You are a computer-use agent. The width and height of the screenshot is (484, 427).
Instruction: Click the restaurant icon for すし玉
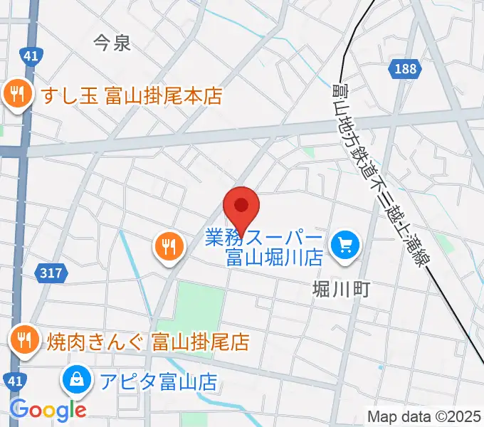[16, 95]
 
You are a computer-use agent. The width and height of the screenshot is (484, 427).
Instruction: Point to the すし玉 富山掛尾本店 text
[132, 95]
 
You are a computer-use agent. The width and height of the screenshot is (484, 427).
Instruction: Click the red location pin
[241, 208]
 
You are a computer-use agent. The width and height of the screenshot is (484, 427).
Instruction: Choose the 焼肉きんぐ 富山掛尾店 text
[148, 342]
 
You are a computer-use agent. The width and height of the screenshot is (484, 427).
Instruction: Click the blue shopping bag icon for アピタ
[75, 381]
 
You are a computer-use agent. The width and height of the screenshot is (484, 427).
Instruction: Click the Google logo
[48, 410]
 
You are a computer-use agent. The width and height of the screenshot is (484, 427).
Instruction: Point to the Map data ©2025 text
[424, 416]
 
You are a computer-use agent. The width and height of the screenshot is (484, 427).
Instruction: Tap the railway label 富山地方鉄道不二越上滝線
[380, 174]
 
